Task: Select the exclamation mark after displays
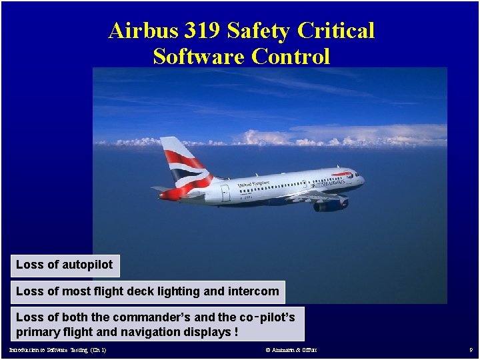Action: [237, 332]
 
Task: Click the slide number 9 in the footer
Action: [471, 350]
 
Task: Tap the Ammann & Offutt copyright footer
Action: [291, 350]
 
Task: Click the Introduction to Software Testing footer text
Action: [57, 350]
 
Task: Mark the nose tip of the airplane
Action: [364, 179]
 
